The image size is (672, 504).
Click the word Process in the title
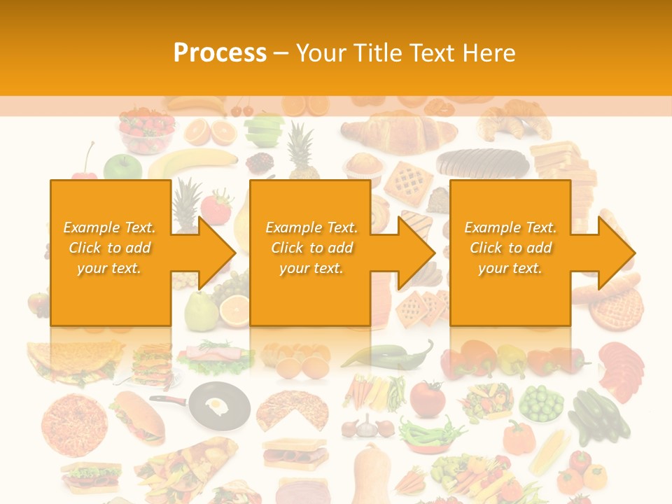pos(220,52)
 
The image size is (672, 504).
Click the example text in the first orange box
pos(110,248)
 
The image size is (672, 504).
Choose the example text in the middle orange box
pos(311,248)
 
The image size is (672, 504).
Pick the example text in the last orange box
pos(510,248)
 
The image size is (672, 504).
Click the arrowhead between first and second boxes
pos(216,253)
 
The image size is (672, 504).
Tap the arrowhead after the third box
pos(615,253)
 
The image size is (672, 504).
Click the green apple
pos(122,166)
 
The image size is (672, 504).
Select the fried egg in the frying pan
pos(218,404)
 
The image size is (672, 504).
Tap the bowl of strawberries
pos(146,131)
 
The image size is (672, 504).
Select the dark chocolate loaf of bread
pos(482,162)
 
